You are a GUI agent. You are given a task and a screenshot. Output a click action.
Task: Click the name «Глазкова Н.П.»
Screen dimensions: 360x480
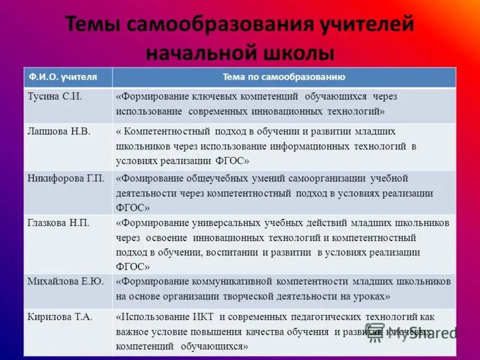point(58,223)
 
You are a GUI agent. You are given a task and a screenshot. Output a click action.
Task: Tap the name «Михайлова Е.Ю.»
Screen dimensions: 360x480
point(65,281)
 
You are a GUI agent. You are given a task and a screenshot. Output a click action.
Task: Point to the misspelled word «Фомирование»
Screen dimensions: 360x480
point(147,178)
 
